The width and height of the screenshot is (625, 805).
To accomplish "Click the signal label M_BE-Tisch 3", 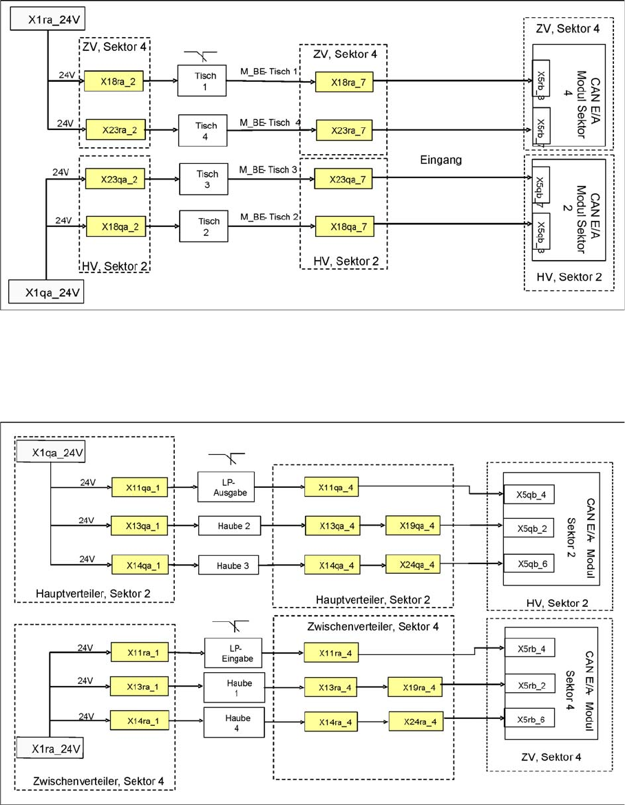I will pyautogui.click(x=269, y=169).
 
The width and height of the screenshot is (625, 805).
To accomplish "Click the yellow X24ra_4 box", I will pyautogui.click(x=416, y=722).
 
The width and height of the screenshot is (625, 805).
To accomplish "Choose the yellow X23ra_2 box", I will pyautogui.click(x=115, y=130).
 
